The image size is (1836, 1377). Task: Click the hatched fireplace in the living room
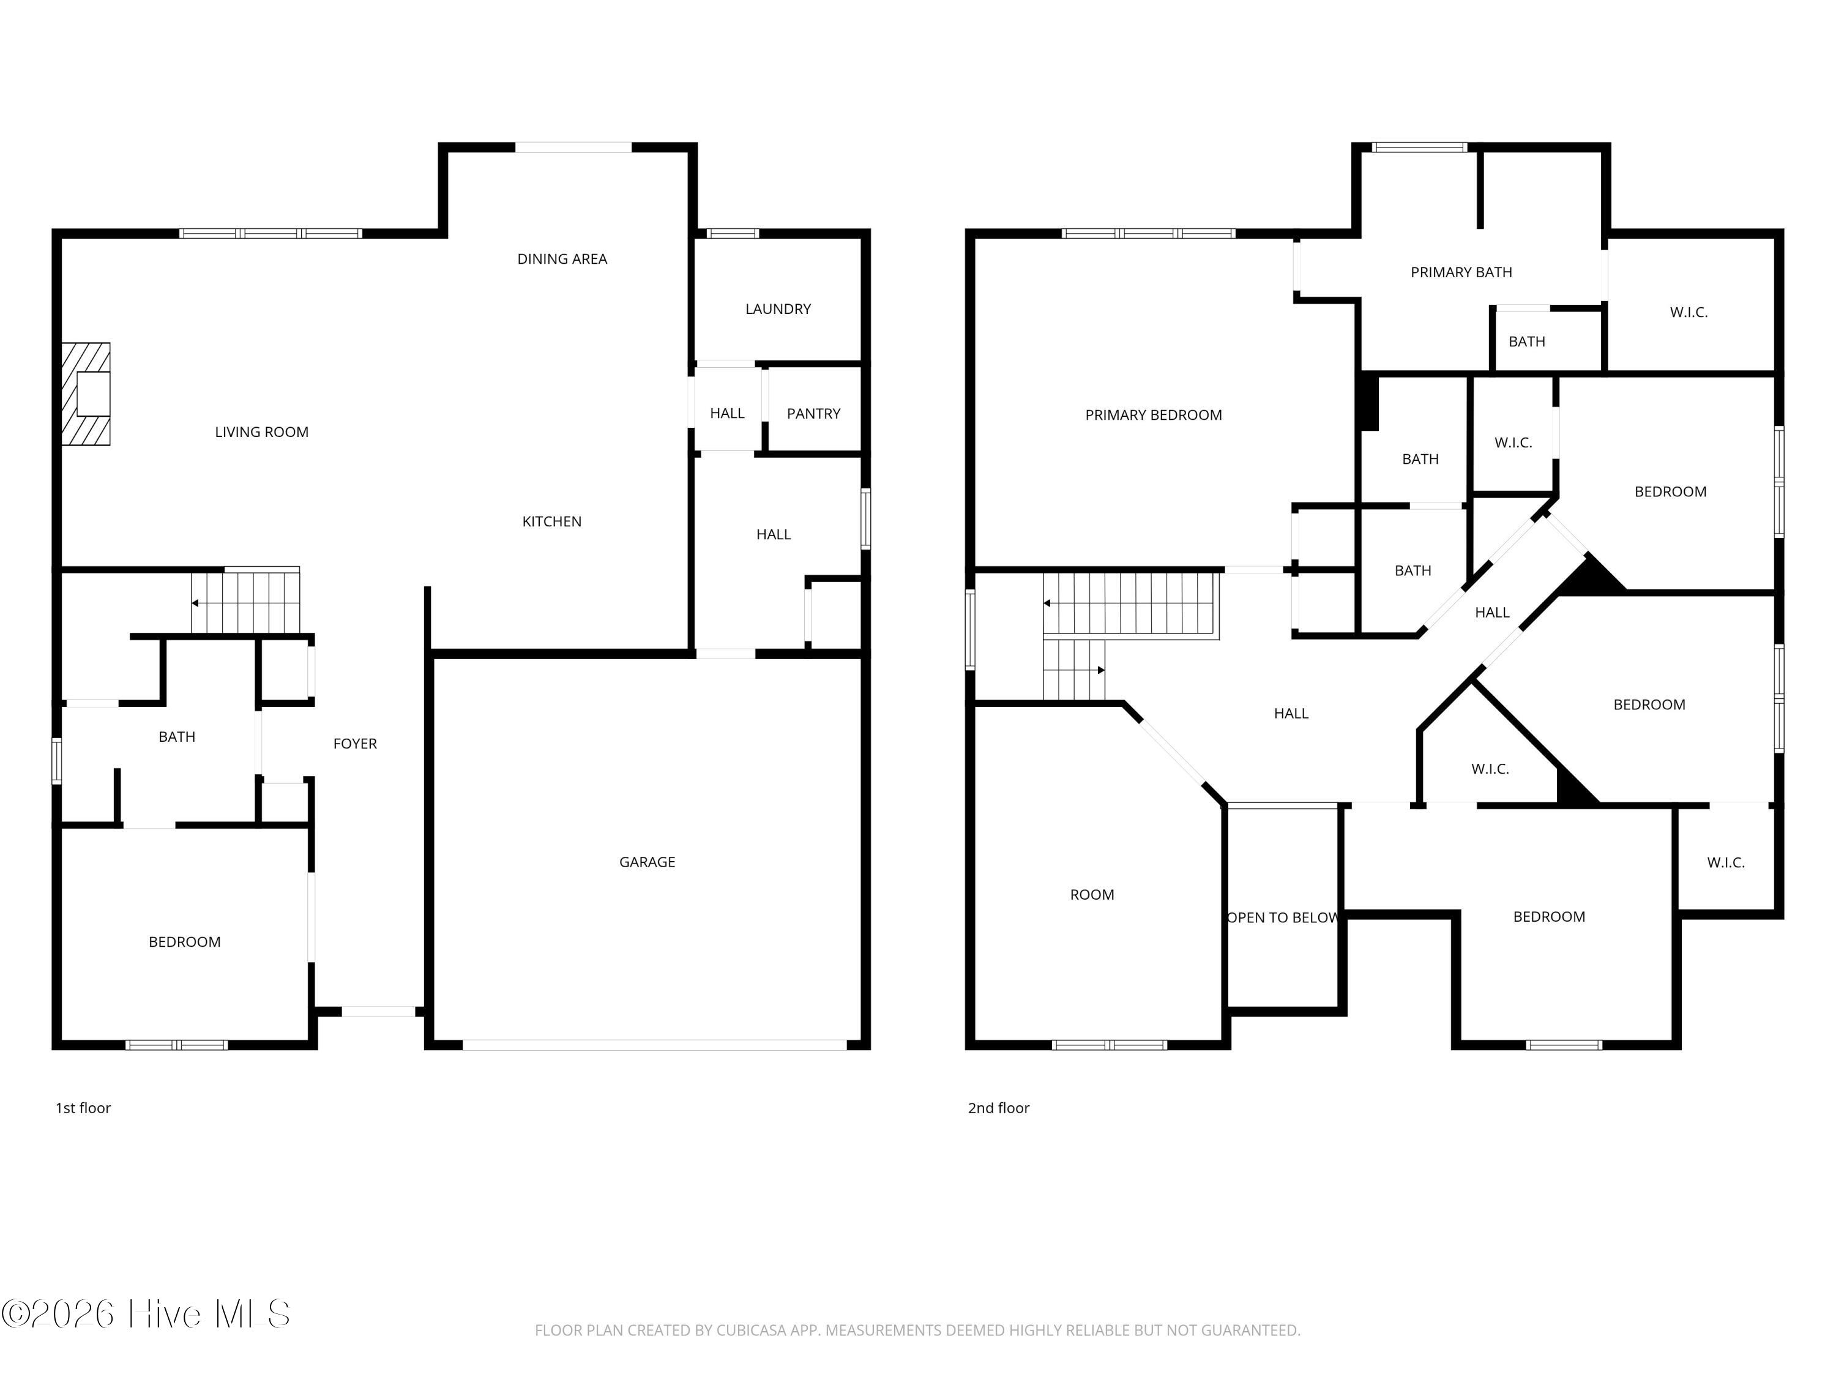click(86, 394)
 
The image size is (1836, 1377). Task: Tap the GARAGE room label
click(647, 862)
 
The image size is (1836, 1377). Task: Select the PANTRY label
click(813, 413)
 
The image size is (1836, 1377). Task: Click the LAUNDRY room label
click(778, 309)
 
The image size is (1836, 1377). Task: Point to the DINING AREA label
click(562, 259)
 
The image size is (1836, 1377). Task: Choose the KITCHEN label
click(552, 521)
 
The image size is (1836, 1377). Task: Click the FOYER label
click(355, 744)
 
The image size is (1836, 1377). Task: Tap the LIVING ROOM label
click(261, 431)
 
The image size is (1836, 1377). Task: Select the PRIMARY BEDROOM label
click(1154, 415)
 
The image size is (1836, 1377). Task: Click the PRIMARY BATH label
click(1461, 272)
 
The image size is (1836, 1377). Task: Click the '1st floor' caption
click(83, 1108)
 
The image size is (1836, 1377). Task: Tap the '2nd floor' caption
click(999, 1108)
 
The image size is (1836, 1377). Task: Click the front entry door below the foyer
click(378, 1012)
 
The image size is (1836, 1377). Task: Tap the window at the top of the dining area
click(573, 147)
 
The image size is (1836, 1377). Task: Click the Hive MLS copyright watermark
click(146, 1313)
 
